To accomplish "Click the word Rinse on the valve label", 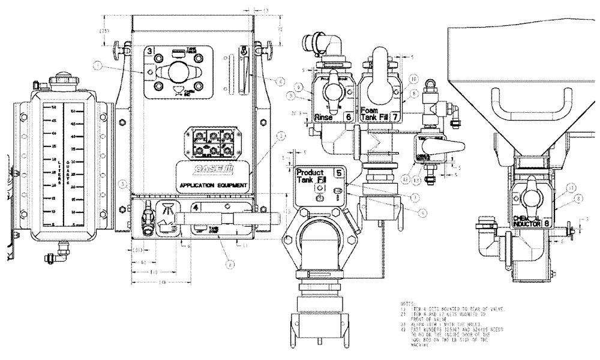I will coord(324,118).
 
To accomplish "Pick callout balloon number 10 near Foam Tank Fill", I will coord(413,79).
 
